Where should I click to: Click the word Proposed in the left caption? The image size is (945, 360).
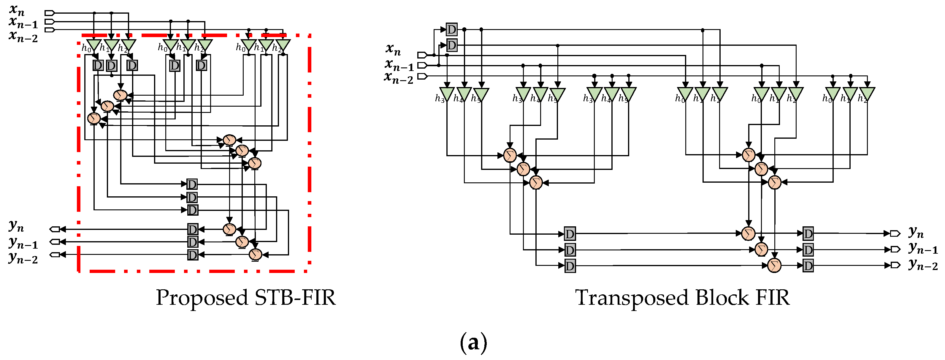click(x=202, y=297)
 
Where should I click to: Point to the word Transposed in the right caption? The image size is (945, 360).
click(x=631, y=297)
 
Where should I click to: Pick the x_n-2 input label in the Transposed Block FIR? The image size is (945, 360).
click(x=398, y=78)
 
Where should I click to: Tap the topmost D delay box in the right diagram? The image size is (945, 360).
click(x=452, y=29)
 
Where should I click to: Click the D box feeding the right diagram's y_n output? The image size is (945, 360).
click(x=808, y=233)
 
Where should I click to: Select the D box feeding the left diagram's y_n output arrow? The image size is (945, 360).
click(x=193, y=229)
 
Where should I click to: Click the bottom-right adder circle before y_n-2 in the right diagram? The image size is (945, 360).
click(x=774, y=265)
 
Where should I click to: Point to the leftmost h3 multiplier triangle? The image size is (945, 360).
click(x=447, y=94)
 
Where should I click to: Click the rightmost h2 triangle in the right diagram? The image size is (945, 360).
click(x=867, y=94)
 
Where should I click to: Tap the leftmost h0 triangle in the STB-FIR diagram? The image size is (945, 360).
click(x=94, y=45)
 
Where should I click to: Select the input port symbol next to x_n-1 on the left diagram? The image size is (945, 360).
click(x=50, y=22)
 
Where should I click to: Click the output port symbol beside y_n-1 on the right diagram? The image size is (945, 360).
click(x=895, y=250)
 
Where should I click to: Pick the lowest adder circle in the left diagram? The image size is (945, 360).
click(x=255, y=254)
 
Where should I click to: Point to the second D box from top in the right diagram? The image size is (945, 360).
click(x=452, y=45)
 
